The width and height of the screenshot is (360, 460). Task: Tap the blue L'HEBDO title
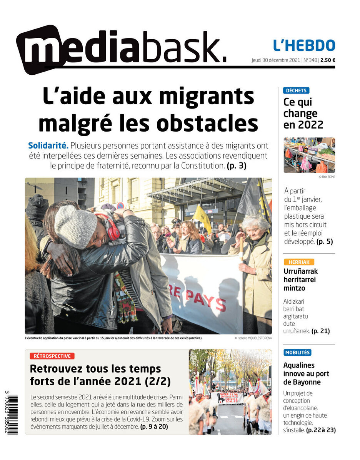[x=304, y=45]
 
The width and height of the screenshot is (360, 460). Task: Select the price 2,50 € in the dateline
[x=328, y=60]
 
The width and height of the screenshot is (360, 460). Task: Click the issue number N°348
[x=311, y=60]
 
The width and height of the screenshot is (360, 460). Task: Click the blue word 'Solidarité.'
[x=48, y=146]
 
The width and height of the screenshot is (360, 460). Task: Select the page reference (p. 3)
[x=236, y=166]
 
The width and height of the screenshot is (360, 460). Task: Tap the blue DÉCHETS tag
[x=296, y=90]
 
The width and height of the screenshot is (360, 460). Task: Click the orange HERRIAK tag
[x=298, y=262]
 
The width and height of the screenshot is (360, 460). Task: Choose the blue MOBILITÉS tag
[x=297, y=352]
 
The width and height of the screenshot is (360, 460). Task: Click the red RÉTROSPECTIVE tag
[x=52, y=356]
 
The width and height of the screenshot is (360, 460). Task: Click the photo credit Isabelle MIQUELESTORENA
[x=253, y=338]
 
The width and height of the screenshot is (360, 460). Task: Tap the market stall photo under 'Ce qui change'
[x=309, y=155]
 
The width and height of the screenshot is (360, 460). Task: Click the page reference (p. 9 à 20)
[x=154, y=427]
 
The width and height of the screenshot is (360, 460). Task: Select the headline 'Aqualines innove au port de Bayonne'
[x=306, y=373]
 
